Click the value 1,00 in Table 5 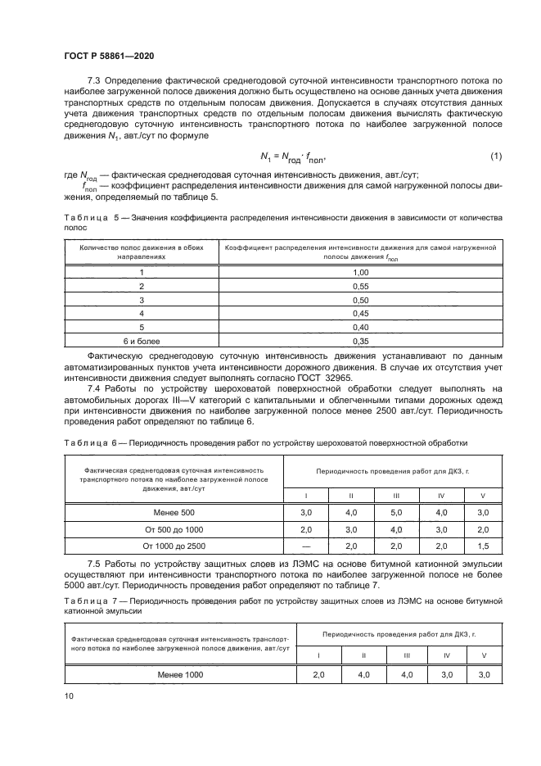coord(360,271)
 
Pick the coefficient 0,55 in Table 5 coord(360,285)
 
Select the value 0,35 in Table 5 coord(360,340)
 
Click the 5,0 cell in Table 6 coord(396,512)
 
